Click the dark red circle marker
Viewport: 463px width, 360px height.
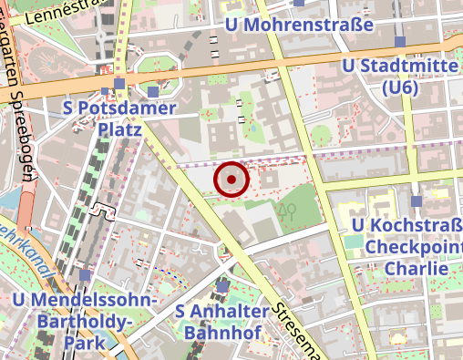pyautogui.click(x=231, y=180)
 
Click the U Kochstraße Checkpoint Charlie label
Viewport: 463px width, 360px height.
pyautogui.click(x=406, y=246)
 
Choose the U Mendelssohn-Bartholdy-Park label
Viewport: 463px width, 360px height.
pyautogui.click(x=86, y=321)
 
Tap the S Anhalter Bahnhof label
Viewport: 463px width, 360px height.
pyautogui.click(x=222, y=321)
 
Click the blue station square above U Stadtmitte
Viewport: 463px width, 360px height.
pyautogui.click(x=400, y=42)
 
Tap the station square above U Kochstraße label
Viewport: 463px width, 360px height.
pyautogui.click(x=416, y=201)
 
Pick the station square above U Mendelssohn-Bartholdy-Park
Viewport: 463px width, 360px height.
pyautogui.click(x=86, y=274)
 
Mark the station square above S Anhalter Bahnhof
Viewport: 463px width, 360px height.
pyautogui.click(x=223, y=288)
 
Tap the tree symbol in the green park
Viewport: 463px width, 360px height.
pyautogui.click(x=291, y=211)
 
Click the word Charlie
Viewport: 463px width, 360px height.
pyautogui.click(x=416, y=269)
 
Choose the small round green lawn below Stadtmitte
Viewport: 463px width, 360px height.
pyautogui.click(x=321, y=137)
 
